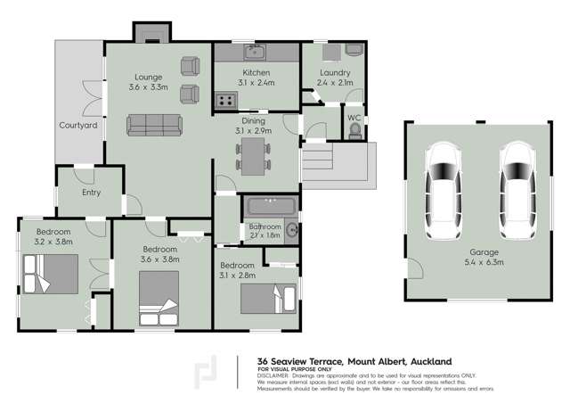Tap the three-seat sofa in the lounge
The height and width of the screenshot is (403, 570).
[x=155, y=125]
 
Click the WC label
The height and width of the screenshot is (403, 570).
[x=354, y=117]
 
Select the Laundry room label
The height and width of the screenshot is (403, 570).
[x=335, y=73]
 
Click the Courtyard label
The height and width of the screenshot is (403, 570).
[x=77, y=126]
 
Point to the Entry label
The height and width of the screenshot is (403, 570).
[x=91, y=193]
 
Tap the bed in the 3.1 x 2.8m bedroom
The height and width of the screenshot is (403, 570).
[x=271, y=297]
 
